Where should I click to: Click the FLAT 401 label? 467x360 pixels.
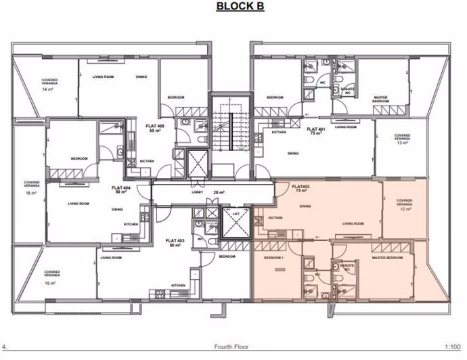[314, 130]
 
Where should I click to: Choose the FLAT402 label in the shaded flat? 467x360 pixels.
[301, 187]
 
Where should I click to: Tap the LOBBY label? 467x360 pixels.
[197, 192]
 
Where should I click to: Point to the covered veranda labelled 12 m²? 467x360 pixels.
[405, 203]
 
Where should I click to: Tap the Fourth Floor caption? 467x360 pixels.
[231, 347]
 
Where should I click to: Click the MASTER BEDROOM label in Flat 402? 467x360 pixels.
[388, 258]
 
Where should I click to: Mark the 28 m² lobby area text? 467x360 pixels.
[218, 192]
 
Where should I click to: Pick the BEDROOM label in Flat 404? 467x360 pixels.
[79, 158]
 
